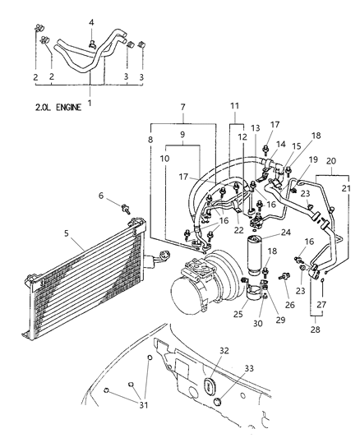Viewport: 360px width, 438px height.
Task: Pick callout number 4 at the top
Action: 91,22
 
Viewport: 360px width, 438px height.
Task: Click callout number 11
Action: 235,108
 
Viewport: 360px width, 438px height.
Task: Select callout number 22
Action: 238,229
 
